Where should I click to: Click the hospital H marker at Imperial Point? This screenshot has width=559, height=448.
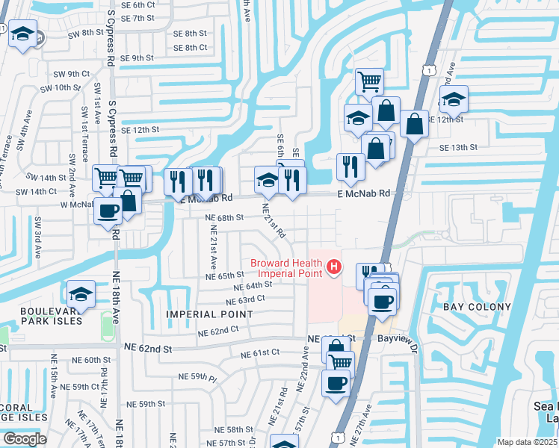(334, 266)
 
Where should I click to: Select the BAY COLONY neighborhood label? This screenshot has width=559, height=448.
(477, 307)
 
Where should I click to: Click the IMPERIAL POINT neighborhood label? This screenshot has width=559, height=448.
(210, 314)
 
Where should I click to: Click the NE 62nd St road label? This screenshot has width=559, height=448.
(147, 348)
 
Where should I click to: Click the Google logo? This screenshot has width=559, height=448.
(25, 438)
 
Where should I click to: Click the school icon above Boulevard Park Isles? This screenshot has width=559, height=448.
(81, 293)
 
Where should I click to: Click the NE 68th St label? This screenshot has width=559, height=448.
(225, 217)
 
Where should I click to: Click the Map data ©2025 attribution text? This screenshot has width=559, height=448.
(528, 442)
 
